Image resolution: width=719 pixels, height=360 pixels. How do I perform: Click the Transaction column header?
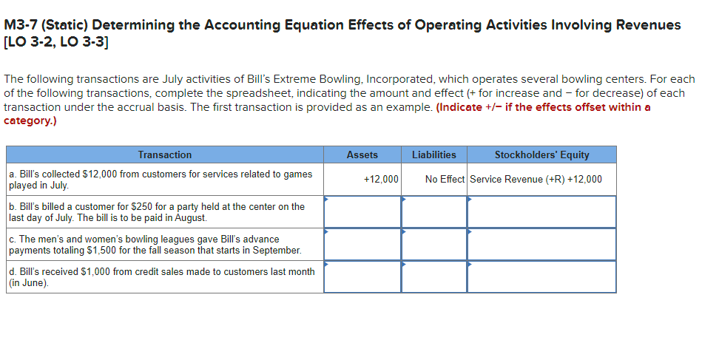point(164,154)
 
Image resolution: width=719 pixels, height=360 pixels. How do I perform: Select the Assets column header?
point(362,154)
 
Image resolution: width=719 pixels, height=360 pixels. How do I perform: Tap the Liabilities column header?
point(433,154)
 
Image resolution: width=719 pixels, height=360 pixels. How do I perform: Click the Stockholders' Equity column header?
point(541,154)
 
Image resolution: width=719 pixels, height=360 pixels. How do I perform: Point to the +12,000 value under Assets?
point(381,179)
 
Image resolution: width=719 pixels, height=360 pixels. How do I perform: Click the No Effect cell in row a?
point(445,179)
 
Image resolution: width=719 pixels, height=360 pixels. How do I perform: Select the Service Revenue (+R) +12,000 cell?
point(536,179)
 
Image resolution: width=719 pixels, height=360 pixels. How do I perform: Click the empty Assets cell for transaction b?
point(362,211)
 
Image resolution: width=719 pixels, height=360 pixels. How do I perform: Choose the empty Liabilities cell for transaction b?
point(433,211)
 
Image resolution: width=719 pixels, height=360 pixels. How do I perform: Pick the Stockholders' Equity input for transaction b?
point(541,211)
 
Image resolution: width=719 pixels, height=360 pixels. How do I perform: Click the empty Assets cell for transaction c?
point(362,244)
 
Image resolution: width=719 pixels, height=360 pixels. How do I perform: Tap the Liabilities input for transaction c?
point(433,244)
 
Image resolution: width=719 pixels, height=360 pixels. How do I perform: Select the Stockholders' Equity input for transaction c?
point(541,244)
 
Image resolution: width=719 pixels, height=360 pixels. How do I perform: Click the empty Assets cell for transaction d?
point(362,276)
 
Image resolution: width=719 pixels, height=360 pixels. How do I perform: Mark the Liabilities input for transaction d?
point(433,276)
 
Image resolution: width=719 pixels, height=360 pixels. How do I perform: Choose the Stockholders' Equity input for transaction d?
point(541,276)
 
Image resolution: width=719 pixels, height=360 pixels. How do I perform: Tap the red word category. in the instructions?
point(30,120)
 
